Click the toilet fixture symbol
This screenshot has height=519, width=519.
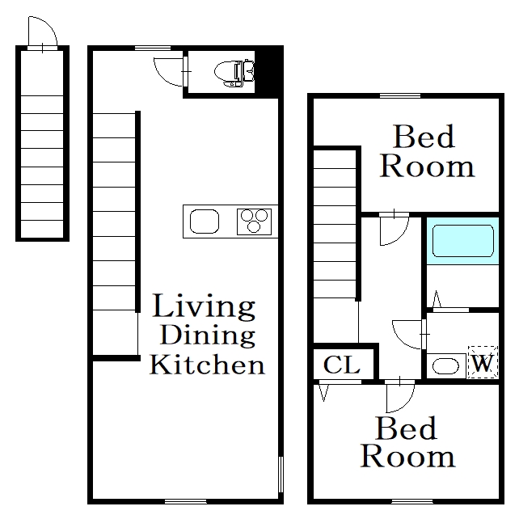pyautogui.click(x=234, y=73)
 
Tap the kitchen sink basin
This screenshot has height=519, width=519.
pyautogui.click(x=205, y=222)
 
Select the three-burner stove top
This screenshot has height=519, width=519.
pyautogui.click(x=254, y=222)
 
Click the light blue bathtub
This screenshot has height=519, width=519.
pyautogui.click(x=462, y=241)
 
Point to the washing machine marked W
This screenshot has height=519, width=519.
pyautogui.click(x=483, y=362)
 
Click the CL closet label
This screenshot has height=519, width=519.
pyautogui.click(x=342, y=365)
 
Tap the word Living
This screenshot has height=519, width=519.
pyautogui.click(x=204, y=307)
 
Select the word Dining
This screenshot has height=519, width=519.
pyautogui.click(x=208, y=335)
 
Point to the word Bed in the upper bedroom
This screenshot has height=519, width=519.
pyautogui.click(x=424, y=137)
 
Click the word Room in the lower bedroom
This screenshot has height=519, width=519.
pyautogui.click(x=407, y=457)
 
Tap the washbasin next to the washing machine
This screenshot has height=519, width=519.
pyautogui.click(x=446, y=365)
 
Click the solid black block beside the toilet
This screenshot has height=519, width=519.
pyautogui.click(x=268, y=72)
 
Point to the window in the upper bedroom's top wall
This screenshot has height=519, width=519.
pyautogui.click(x=400, y=95)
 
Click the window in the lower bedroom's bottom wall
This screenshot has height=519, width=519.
pyautogui.click(x=412, y=501)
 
